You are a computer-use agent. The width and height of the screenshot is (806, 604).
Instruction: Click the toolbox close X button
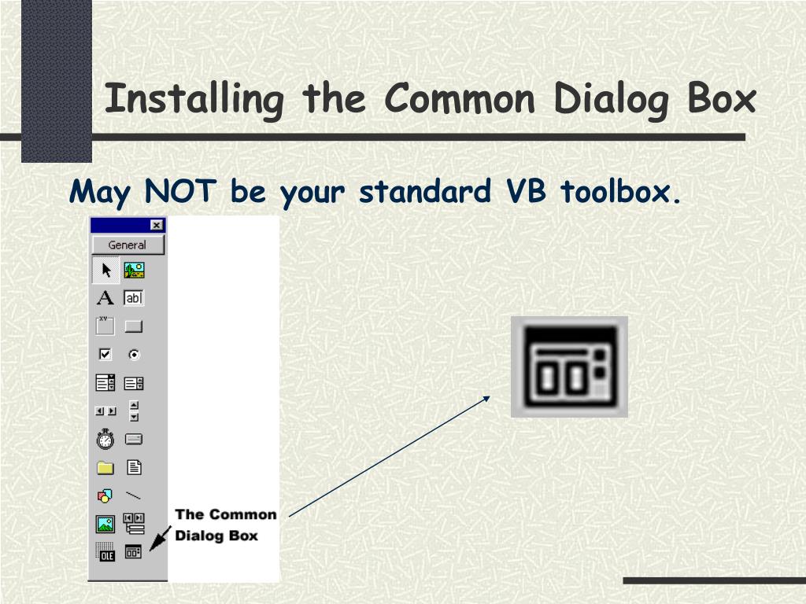157,225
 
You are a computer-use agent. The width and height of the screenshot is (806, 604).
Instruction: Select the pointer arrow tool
106,271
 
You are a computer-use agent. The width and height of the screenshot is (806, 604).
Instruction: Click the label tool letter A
105,298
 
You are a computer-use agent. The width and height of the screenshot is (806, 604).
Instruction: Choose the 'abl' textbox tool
134,298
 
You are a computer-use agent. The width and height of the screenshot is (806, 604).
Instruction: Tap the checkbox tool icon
105,354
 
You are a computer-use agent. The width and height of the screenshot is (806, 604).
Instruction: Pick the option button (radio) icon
134,355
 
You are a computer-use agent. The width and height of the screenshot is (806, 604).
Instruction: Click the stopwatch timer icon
105,439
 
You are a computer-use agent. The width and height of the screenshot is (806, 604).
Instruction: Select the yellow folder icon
105,468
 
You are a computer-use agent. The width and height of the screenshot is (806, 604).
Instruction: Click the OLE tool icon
105,552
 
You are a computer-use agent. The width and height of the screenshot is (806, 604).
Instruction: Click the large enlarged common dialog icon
569,366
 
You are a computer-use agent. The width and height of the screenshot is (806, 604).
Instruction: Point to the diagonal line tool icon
134,495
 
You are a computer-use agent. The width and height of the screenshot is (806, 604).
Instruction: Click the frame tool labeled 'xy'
105,325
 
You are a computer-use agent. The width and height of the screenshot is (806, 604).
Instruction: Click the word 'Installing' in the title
194,100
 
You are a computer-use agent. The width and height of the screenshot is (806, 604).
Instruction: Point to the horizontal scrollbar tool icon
105,411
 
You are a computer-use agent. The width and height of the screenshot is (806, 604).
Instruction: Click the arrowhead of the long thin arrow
488,398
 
